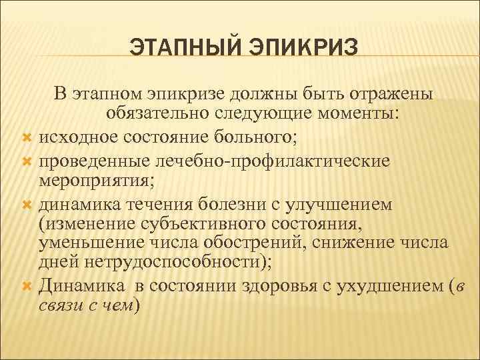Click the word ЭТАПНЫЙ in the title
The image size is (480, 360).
tap(177, 47)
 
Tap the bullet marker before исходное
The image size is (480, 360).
tap(27, 138)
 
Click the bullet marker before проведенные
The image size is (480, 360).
tap(27, 162)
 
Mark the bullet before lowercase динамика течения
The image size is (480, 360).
tap(27, 203)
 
